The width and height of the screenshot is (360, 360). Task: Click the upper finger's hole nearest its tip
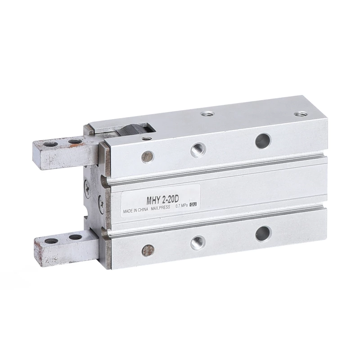(50, 144)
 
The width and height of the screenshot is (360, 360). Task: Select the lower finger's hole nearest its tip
(51, 241)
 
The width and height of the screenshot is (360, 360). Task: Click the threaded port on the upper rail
(198, 150)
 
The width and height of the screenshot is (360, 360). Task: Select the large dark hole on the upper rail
(263, 141)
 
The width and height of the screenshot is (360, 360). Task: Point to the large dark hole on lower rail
(263, 233)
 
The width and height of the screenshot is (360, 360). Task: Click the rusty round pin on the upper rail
(147, 157)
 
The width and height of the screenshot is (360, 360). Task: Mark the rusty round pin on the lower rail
(148, 250)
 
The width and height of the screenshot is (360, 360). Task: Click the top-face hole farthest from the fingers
(299, 114)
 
